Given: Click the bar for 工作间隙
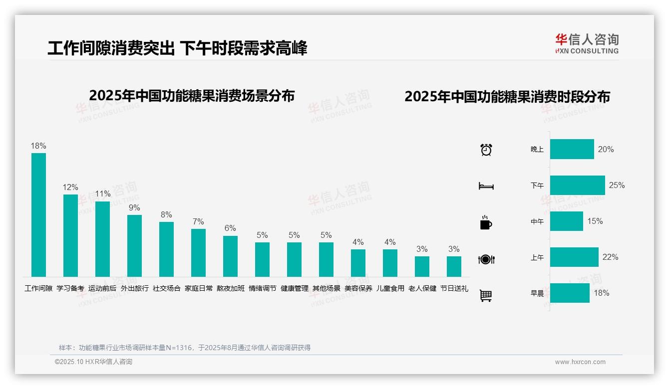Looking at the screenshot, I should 38,214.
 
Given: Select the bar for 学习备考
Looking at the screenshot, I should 70,235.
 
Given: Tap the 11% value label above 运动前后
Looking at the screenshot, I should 102,194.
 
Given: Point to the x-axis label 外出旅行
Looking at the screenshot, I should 134,288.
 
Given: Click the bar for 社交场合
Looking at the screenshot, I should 166,249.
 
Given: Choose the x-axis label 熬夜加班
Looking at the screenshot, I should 230,288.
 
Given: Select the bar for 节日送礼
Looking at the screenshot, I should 454,266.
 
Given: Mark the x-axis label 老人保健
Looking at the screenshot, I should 422,288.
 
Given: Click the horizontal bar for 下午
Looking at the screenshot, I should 577,185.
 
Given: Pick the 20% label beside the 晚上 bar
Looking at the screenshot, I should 606,149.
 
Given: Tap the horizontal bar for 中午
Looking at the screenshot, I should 566,221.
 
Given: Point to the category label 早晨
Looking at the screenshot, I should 537,293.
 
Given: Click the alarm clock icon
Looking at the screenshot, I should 486,150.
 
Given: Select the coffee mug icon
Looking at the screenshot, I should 486,222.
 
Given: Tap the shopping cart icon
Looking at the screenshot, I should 486,295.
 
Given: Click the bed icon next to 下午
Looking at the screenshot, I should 486,186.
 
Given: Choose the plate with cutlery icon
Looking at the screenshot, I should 486,259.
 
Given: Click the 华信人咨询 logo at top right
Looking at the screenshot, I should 587,43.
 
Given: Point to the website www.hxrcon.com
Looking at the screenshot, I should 580,362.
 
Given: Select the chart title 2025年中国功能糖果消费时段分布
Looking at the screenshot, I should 507,97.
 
